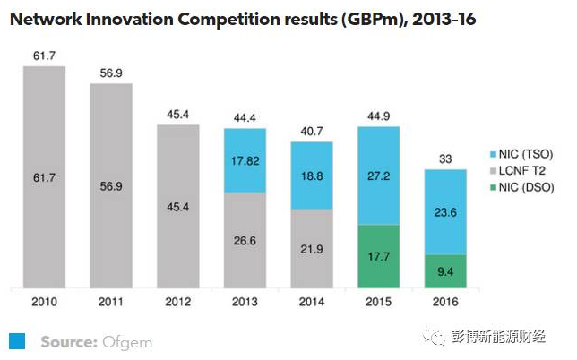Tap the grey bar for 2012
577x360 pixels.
click(x=178, y=206)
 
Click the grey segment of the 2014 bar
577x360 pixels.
click(x=312, y=249)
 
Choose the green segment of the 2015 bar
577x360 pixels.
click(x=378, y=257)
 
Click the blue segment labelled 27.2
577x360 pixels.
click(x=378, y=176)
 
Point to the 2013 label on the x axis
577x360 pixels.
click(x=245, y=303)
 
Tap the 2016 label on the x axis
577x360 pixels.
click(x=445, y=303)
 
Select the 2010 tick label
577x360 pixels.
click(x=45, y=303)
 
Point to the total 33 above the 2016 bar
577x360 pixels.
click(x=445, y=159)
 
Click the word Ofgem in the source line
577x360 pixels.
click(x=127, y=341)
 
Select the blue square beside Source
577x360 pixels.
click(x=17, y=340)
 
